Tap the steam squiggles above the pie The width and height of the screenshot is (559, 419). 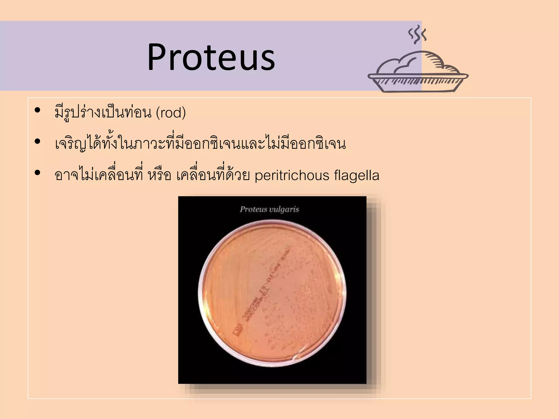(x=417, y=35)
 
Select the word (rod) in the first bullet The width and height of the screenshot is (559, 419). (x=171, y=112)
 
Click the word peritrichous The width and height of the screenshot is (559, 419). (x=292, y=175)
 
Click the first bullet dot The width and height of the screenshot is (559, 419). (x=37, y=110)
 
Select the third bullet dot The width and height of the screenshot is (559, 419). (x=37, y=173)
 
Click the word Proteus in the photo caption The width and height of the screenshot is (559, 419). (x=253, y=209)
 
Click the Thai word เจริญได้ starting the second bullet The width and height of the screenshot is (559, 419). (x=78, y=144)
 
